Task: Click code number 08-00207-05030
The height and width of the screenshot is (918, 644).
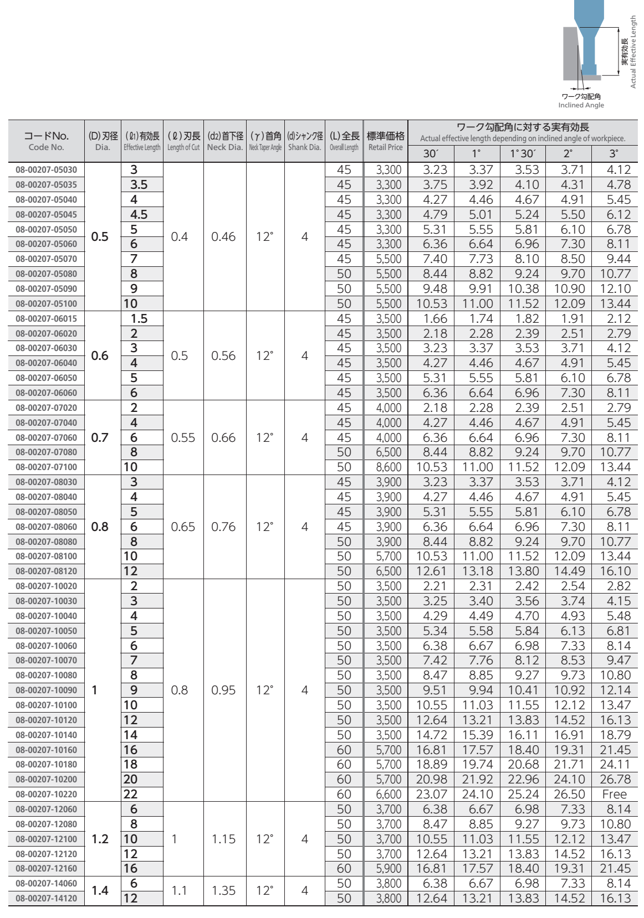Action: tap(47, 170)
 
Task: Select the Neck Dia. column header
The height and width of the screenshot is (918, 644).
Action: tap(225, 141)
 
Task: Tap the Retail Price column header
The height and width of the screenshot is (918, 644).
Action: tap(385, 141)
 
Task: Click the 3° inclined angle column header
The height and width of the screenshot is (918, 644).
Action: tap(614, 154)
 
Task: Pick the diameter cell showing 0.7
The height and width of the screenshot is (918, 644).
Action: tap(100, 437)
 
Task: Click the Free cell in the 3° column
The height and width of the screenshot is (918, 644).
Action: tap(614, 794)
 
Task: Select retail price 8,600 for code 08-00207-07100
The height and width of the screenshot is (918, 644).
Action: tap(388, 467)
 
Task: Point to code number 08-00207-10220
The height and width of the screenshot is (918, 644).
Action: tap(47, 794)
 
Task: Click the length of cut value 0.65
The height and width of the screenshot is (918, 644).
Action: tap(183, 527)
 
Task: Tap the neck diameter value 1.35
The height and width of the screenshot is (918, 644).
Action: tap(223, 890)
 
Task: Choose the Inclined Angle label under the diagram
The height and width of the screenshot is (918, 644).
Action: tap(581, 105)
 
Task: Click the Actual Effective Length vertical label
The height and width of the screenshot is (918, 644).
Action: tap(633, 51)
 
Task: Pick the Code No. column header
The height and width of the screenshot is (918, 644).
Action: tap(47, 141)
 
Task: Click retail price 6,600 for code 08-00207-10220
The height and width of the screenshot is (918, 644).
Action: tap(388, 794)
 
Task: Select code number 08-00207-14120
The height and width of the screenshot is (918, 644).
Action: tap(47, 898)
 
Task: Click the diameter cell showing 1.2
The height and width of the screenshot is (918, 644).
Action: tap(100, 839)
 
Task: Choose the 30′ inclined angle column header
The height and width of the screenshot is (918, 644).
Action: tap(430, 154)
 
